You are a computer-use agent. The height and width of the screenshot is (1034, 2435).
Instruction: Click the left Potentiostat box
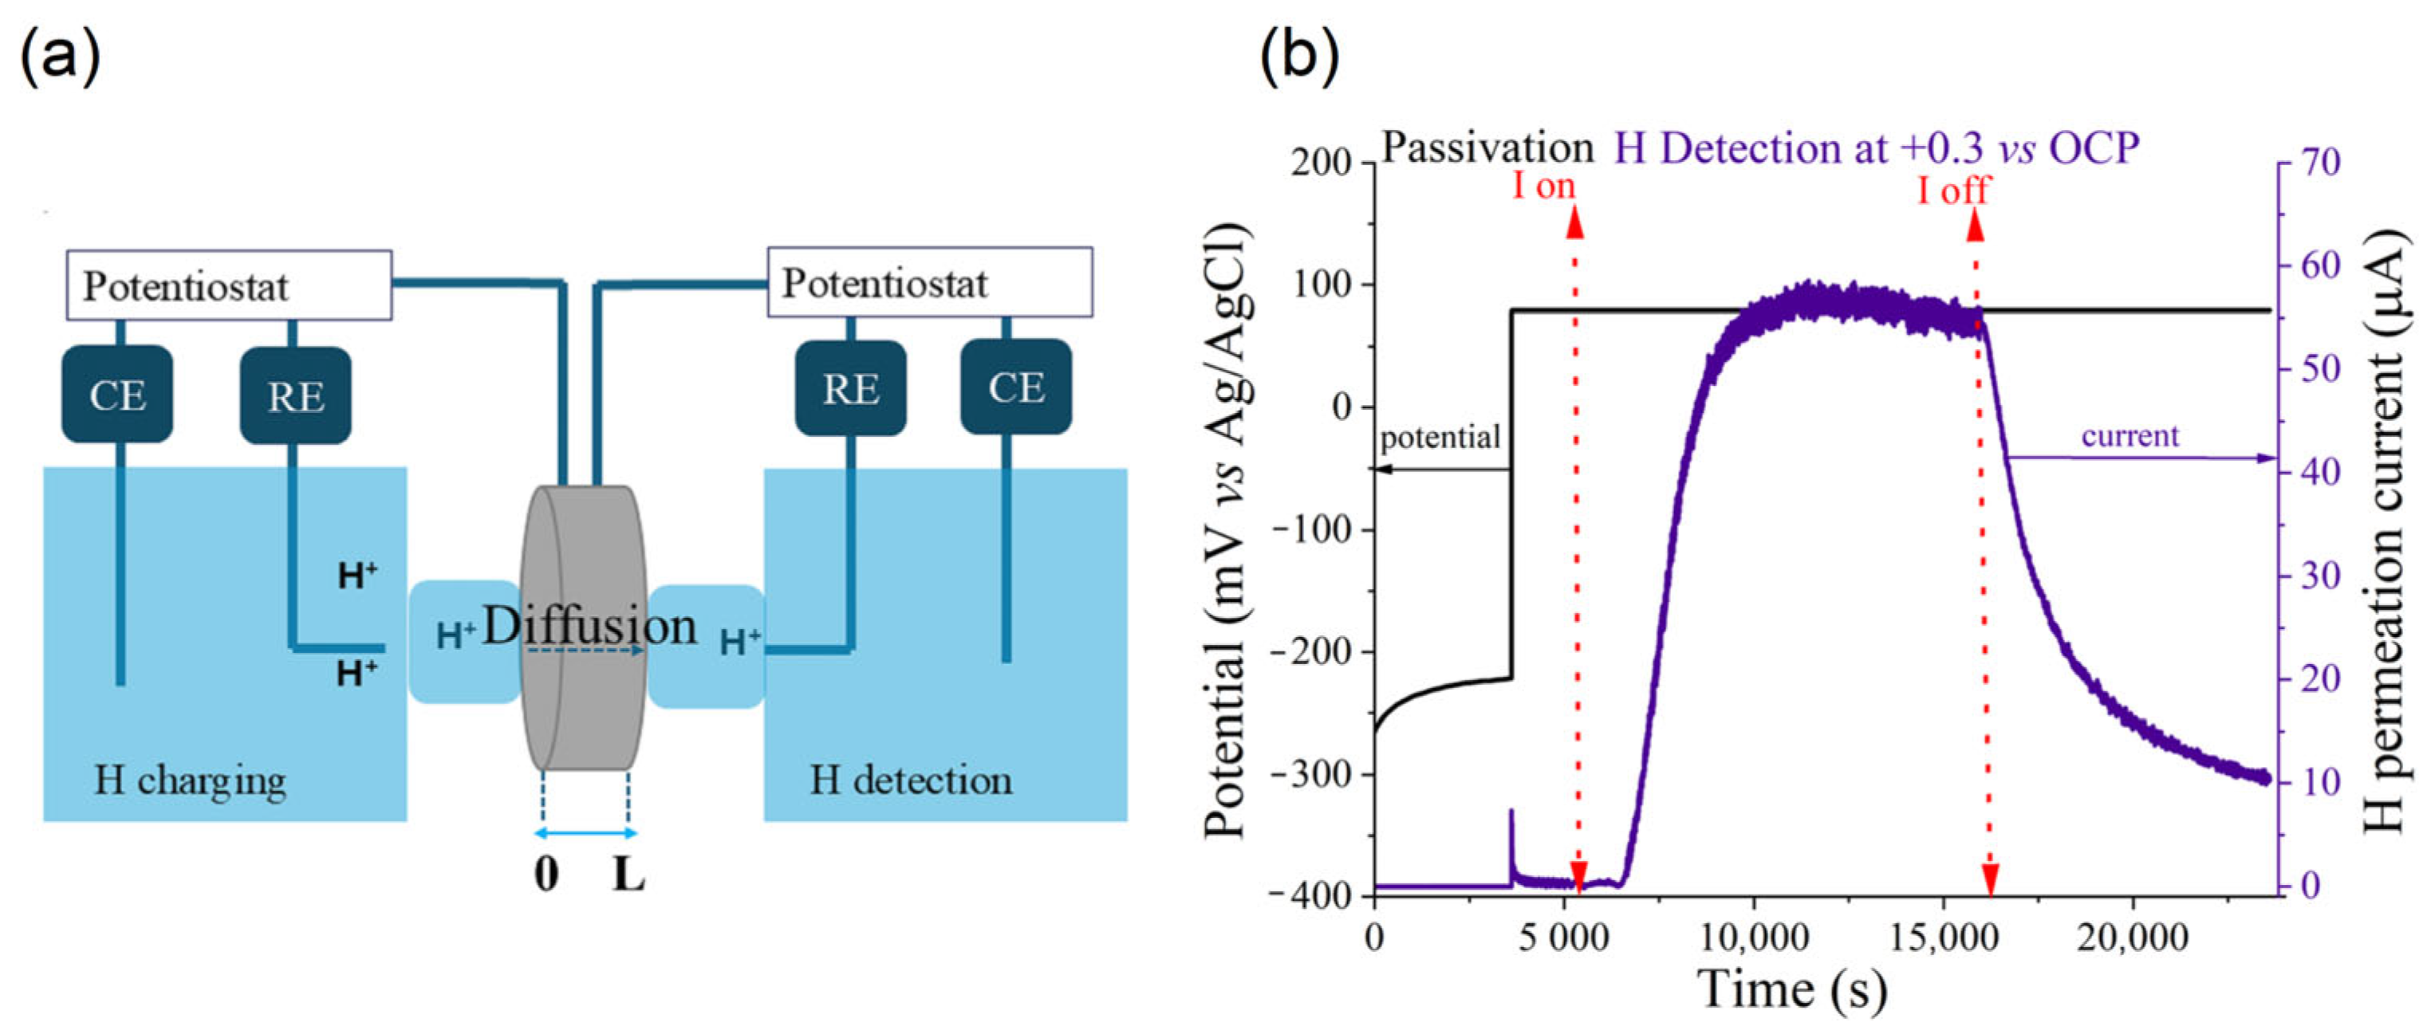tap(229, 285)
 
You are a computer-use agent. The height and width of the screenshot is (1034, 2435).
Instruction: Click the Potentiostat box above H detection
tap(929, 281)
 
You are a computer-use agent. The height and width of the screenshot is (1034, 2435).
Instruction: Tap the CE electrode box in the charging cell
tap(117, 394)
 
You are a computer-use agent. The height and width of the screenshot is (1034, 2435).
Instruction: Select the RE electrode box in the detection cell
tap(849, 388)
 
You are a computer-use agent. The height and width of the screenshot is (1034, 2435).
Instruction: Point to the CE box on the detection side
tap(1016, 387)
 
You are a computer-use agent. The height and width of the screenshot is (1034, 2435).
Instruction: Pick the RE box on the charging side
tap(295, 396)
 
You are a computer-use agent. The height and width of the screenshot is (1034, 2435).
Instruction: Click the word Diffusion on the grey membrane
tap(590, 626)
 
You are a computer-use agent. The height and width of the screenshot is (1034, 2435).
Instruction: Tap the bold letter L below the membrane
tap(628, 875)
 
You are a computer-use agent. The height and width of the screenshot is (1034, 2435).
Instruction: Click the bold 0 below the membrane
tap(546, 875)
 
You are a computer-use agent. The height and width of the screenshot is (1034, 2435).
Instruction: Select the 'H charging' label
tap(190, 780)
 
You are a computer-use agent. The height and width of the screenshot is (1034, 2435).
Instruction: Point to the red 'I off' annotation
tap(1953, 190)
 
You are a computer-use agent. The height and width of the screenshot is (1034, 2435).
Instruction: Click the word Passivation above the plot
tap(1487, 147)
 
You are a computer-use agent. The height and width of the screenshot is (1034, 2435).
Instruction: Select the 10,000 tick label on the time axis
tap(1755, 937)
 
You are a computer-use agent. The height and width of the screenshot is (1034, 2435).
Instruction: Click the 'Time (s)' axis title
tap(1792, 989)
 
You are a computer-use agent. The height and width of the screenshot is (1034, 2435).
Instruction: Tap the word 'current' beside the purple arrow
tap(2130, 436)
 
